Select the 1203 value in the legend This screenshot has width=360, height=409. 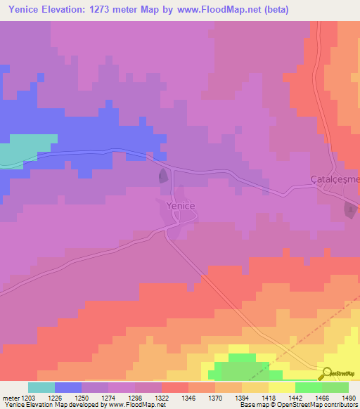click(x=29, y=397)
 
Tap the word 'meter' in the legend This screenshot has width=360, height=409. click(x=10, y=397)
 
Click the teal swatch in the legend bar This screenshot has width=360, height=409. click(x=41, y=387)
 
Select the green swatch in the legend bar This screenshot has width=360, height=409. click(x=308, y=387)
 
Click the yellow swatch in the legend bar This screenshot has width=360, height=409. click(x=281, y=387)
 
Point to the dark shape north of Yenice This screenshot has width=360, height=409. click(x=163, y=176)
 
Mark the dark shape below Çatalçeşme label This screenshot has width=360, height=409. click(x=349, y=209)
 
